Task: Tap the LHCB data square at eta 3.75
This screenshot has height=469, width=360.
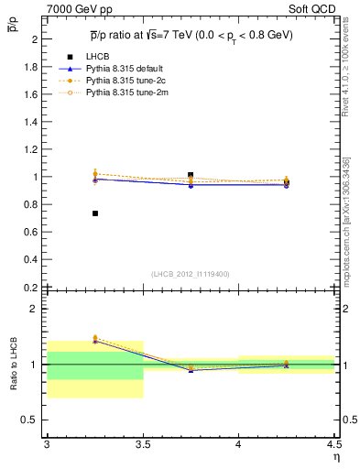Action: tap(191, 175)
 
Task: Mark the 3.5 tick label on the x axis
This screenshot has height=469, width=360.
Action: tap(142, 445)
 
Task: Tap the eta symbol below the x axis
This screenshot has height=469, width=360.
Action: tap(335, 458)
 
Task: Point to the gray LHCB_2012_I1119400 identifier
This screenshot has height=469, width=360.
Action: tap(191, 274)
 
